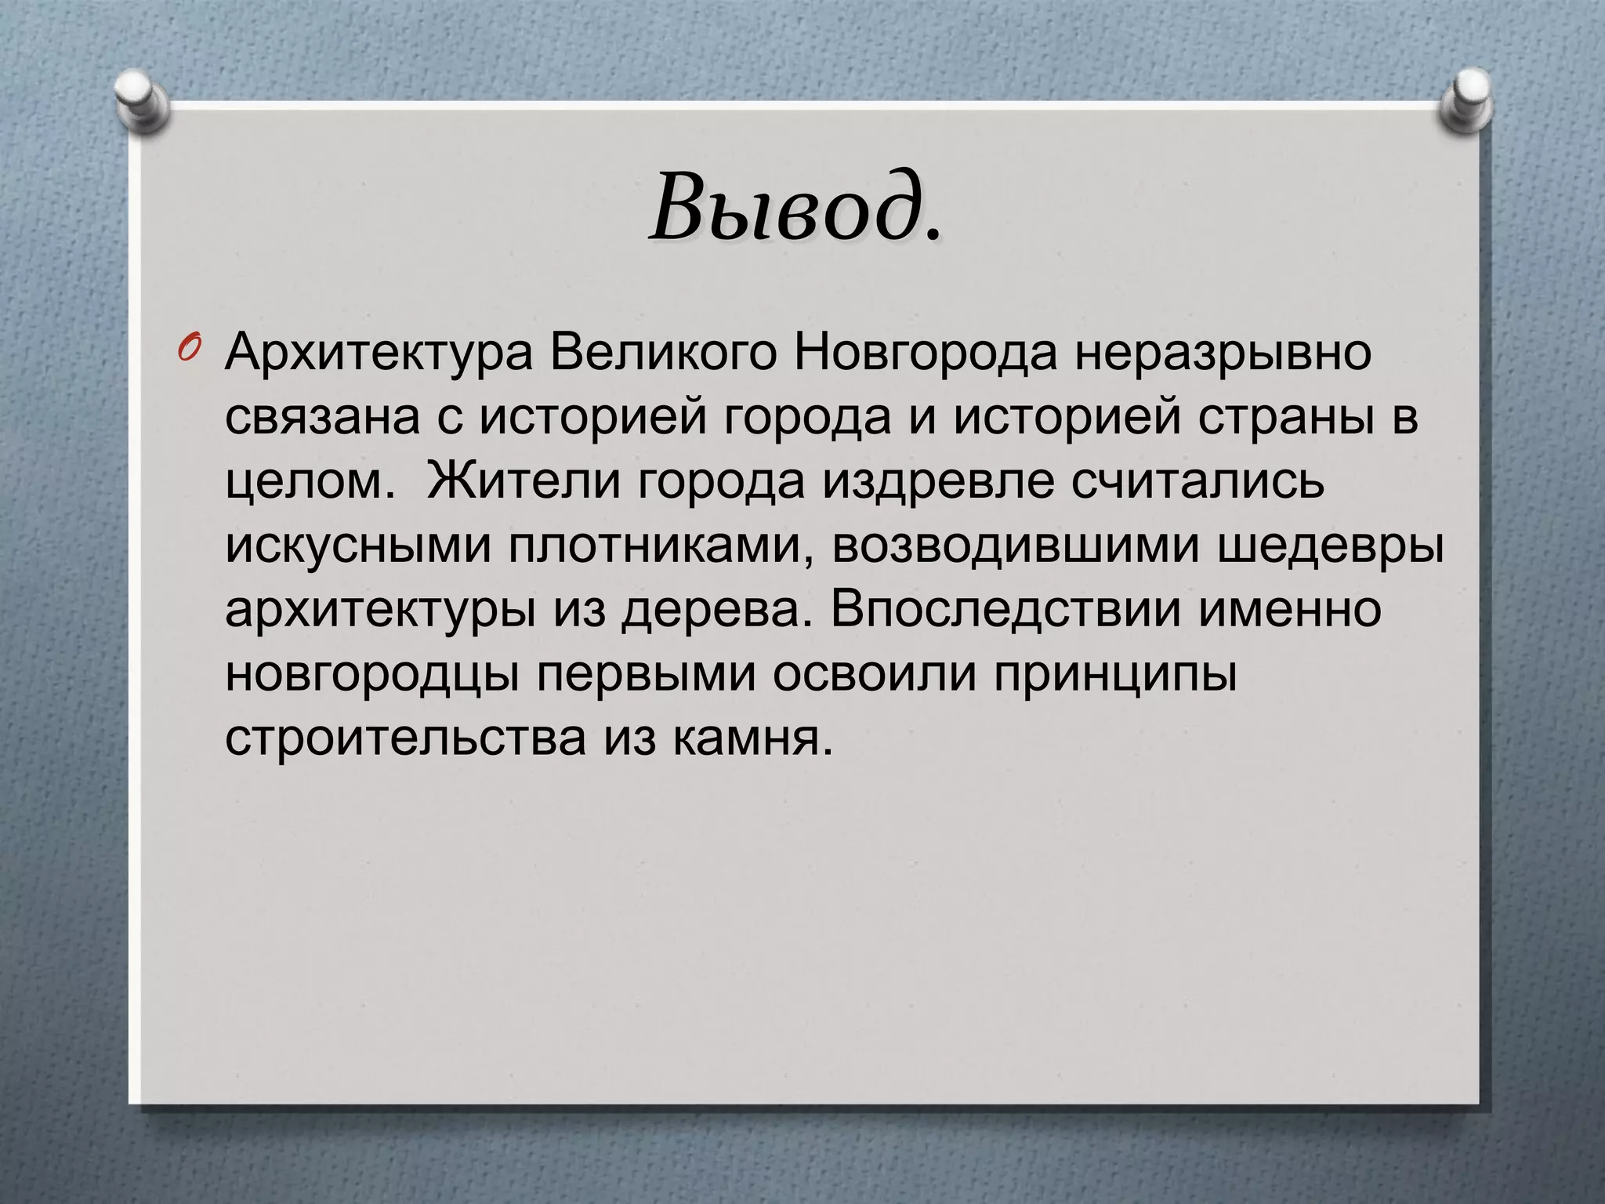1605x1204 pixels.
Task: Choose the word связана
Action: click(324, 418)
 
